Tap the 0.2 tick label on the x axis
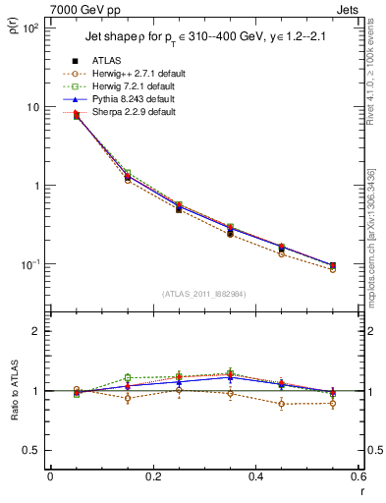tap(152, 477)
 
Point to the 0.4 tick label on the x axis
tap(255, 477)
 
